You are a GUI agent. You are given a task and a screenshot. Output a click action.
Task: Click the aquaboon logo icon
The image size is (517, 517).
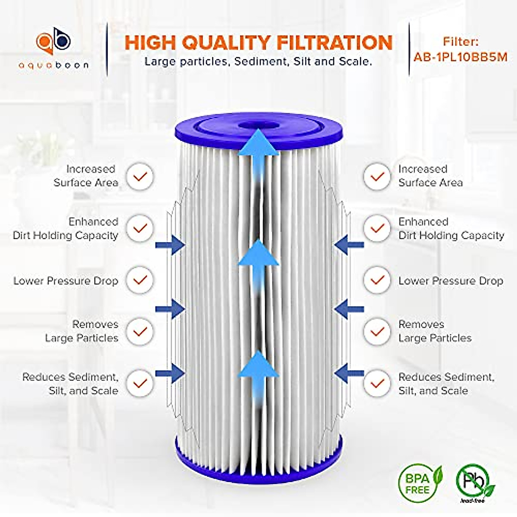[x=53, y=43]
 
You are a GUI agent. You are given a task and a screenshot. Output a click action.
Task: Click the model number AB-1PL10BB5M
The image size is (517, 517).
[x=460, y=57]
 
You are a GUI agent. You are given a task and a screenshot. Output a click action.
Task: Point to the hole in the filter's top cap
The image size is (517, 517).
[x=258, y=125]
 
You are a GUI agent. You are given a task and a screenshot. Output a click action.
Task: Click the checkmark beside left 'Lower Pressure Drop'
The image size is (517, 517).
[x=140, y=280]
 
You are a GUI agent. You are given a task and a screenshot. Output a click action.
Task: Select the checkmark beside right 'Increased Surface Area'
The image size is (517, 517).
[x=377, y=176]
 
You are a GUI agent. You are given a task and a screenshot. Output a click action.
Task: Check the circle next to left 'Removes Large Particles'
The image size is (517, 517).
[x=140, y=331]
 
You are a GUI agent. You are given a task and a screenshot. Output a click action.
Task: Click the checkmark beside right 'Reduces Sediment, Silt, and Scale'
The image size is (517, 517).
[x=377, y=383]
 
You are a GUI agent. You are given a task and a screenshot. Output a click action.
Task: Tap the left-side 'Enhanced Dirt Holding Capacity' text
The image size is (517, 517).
[x=65, y=228]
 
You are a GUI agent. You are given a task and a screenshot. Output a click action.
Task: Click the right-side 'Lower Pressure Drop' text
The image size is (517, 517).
[x=451, y=281]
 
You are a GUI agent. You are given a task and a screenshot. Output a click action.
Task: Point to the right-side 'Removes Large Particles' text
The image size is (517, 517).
[x=435, y=331]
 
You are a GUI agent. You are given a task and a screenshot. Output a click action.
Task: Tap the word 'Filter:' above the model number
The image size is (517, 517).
[x=460, y=42]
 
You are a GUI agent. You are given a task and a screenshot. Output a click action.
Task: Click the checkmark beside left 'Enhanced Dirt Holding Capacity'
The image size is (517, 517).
[x=140, y=228]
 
